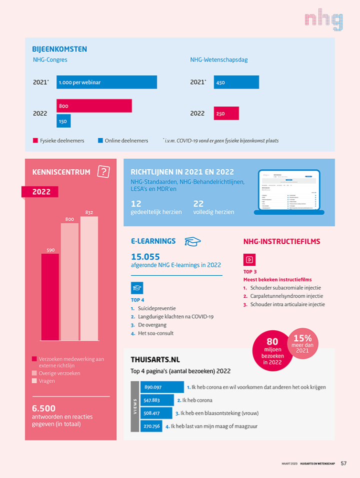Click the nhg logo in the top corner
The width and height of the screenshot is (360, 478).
pos(323,21)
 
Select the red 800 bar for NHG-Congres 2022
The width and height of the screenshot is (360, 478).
pos(94,106)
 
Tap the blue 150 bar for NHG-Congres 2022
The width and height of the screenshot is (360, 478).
pos(63,121)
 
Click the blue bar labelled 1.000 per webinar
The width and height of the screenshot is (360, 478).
pos(106,82)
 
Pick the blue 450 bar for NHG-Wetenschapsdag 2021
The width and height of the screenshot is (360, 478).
pos(236,82)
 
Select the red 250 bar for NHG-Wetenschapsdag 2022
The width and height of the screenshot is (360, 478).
pos(226,114)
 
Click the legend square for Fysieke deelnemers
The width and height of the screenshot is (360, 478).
pos(35,141)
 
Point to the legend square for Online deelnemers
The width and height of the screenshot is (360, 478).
pos(100,141)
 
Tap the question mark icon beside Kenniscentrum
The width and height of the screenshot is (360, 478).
pos(103,172)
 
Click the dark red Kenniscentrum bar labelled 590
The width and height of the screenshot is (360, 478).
pos(50,296)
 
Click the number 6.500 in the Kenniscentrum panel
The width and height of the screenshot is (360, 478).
pos(44,408)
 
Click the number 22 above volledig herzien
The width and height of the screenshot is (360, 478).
pos(198,203)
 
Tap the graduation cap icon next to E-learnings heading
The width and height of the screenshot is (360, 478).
pos(192,242)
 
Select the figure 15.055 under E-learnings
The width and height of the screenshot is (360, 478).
pos(145,257)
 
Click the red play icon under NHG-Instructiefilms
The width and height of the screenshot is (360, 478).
pos(249,260)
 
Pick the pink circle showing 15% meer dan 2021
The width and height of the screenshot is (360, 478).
pos(302,343)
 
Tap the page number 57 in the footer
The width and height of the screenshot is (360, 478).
pos(343,463)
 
